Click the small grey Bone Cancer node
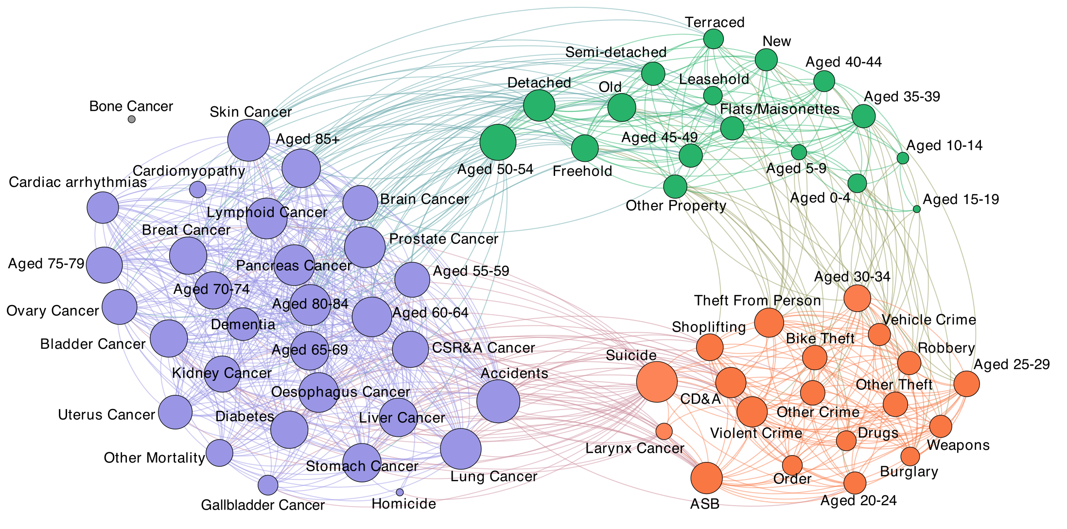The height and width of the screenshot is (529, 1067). (132, 119)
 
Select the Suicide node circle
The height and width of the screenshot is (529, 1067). (656, 382)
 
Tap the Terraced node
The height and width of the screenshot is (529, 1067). (714, 39)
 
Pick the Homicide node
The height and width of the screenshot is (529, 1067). (400, 492)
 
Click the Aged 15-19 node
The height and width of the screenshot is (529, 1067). (917, 209)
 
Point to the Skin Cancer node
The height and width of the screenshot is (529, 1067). (248, 140)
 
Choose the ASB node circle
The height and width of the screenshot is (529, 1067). (706, 478)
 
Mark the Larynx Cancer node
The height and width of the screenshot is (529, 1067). (664, 431)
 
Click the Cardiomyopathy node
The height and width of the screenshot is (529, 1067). (197, 189)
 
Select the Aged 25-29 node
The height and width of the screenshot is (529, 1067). (966, 384)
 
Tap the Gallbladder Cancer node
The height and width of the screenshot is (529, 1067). (268, 484)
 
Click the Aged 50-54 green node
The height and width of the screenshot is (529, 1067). (498, 142)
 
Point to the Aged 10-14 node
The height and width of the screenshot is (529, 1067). (903, 158)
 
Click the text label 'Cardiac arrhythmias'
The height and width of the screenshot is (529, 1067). (78, 182)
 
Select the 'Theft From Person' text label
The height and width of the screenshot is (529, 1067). (757, 301)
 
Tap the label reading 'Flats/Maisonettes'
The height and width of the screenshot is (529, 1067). (780, 109)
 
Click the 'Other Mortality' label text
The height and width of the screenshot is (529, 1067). (154, 458)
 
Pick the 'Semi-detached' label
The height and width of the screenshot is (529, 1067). (616, 52)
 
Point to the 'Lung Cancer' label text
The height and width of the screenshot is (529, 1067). (494, 476)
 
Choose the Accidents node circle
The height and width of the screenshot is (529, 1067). (498, 401)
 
